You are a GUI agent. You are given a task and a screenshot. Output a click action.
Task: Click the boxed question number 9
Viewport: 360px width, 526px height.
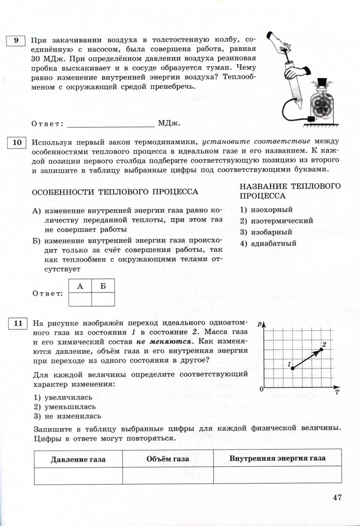click(x=16, y=40)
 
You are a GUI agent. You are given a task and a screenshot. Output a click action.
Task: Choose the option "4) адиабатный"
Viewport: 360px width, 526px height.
click(x=268, y=244)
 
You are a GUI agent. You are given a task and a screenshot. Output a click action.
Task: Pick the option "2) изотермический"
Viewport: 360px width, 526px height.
click(x=276, y=221)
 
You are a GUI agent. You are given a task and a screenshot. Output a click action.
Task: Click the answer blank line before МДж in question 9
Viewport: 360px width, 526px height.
click(x=111, y=124)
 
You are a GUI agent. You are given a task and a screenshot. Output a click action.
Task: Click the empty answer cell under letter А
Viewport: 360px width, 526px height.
click(x=80, y=299)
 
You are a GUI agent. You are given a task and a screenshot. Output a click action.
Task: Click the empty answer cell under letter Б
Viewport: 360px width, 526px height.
click(x=103, y=299)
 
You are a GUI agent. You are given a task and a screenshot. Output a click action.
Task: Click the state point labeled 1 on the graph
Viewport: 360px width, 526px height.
click(x=292, y=368)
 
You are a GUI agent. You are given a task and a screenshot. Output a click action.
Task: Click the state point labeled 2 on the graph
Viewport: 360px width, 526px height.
click(x=322, y=349)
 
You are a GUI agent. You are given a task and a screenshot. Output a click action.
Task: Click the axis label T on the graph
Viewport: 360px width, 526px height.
click(x=337, y=392)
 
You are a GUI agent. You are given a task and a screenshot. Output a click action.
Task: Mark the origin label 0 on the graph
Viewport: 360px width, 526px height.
click(x=261, y=389)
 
